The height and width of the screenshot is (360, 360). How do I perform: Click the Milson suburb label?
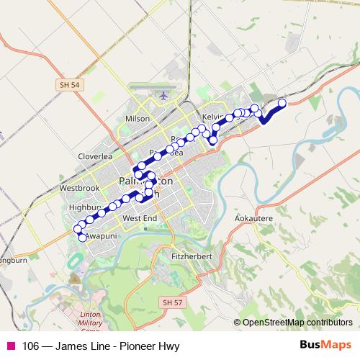coord(138,119)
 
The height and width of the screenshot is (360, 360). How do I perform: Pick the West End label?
coord(140,217)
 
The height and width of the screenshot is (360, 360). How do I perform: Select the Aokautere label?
coord(253,216)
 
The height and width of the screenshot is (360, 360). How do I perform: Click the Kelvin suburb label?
coord(214,117)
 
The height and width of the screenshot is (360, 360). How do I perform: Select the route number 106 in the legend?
coord(30,346)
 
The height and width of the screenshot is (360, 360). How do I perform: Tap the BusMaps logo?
coord(325,346)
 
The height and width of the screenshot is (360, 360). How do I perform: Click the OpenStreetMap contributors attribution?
coord(297,323)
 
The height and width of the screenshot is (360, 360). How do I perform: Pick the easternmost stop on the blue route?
coord(282,103)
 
